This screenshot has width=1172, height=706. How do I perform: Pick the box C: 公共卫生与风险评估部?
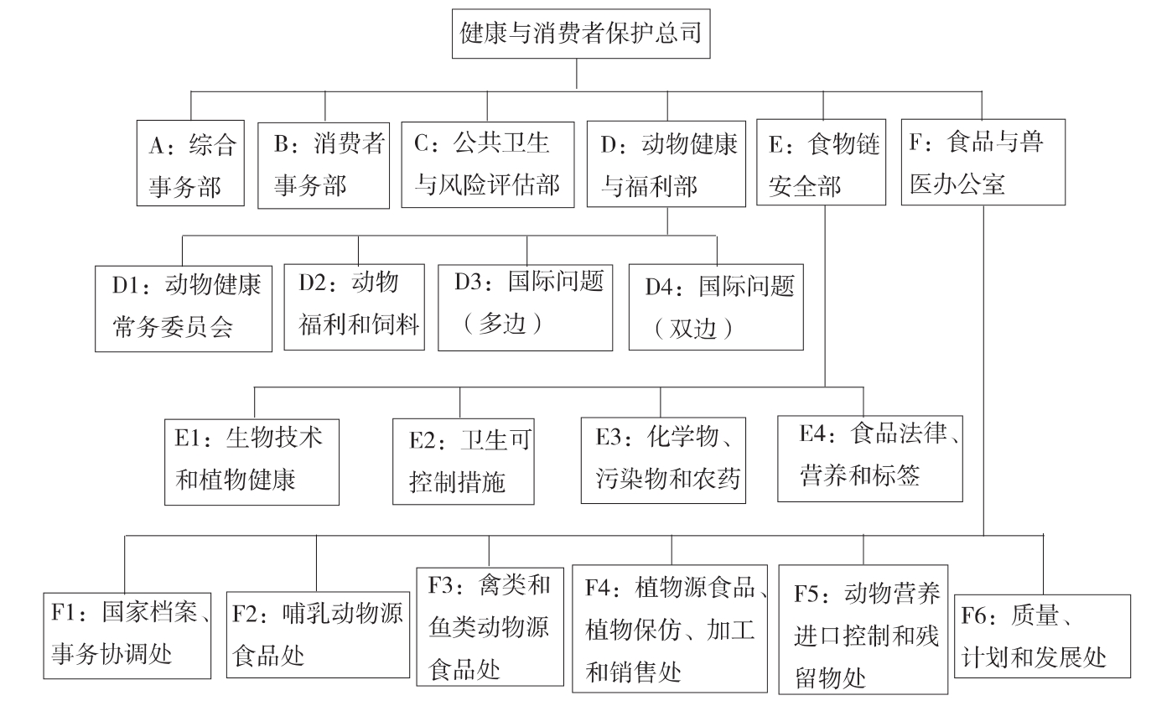[488, 164]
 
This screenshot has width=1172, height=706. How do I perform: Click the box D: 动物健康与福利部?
[667, 164]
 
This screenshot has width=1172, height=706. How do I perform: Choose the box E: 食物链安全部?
[822, 164]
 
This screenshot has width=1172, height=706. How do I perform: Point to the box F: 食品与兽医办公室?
[983, 164]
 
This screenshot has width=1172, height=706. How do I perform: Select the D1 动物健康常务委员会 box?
[184, 305]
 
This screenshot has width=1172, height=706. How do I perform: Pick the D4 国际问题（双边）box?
[716, 306]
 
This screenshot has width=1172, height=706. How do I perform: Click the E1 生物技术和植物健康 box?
[252, 459]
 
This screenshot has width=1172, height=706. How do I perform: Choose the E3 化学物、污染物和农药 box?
[663, 459]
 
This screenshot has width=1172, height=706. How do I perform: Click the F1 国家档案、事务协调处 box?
[127, 636]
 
